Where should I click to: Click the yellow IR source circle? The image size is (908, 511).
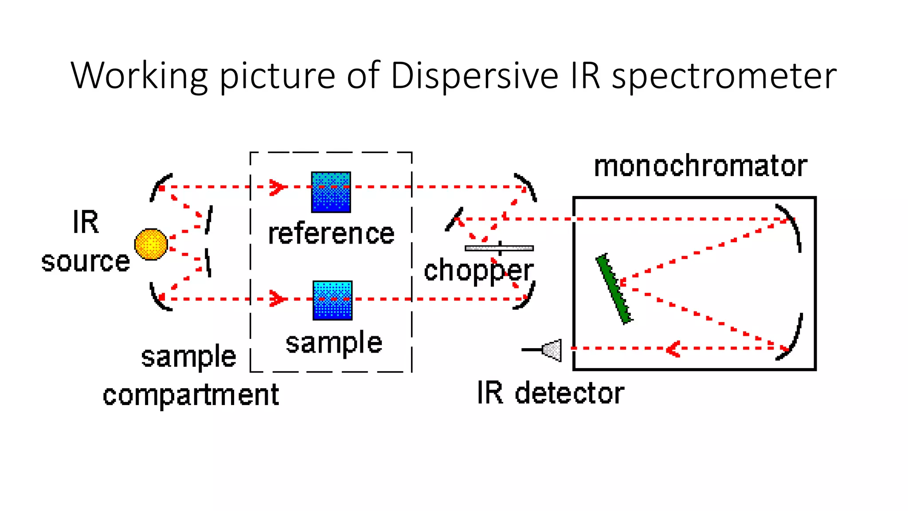pyautogui.click(x=151, y=244)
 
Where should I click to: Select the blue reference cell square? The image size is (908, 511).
pyautogui.click(x=331, y=192)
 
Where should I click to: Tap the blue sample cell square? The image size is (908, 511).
pyautogui.click(x=332, y=300)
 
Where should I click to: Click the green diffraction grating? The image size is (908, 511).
pyautogui.click(x=614, y=289)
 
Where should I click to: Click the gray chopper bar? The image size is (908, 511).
pyautogui.click(x=499, y=248)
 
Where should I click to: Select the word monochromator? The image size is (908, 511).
pyautogui.click(x=700, y=166)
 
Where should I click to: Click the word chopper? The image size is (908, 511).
pyautogui.click(x=478, y=271)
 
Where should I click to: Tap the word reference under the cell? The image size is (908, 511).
pyautogui.click(x=331, y=234)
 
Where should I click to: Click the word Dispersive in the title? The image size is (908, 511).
pyautogui.click(x=474, y=75)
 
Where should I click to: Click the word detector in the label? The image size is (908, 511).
pyautogui.click(x=569, y=393)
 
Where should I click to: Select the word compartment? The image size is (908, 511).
pyautogui.click(x=191, y=395)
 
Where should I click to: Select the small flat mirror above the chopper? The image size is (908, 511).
pyautogui.click(x=454, y=219)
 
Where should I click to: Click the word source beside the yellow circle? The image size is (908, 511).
pyautogui.click(x=85, y=261)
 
